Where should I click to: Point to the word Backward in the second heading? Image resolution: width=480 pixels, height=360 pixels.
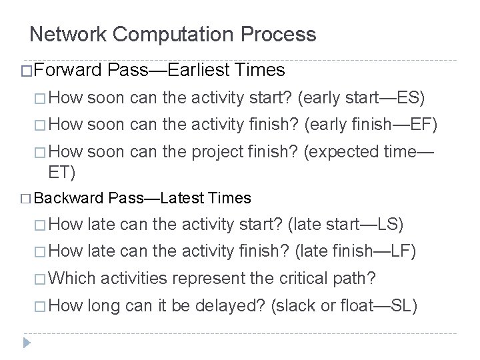(x=70, y=197)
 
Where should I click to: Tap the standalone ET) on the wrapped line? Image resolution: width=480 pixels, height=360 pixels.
(x=60, y=173)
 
